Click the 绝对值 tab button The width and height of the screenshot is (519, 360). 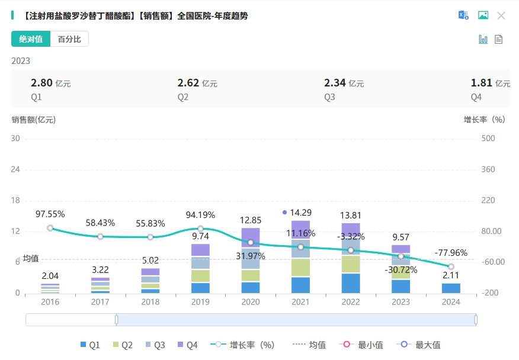point(31,39)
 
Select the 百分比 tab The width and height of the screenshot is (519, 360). point(69,39)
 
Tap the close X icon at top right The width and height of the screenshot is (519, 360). point(501,15)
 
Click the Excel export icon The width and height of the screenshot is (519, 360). point(463,15)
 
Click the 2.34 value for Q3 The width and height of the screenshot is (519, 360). point(334,83)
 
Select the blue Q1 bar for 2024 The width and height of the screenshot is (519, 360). point(451,288)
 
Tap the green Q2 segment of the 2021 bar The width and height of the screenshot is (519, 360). point(300,268)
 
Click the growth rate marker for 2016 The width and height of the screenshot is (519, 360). point(50,228)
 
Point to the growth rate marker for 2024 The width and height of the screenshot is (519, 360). point(451,266)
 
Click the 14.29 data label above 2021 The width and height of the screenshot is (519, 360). point(300,212)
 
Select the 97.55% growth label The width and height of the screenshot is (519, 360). point(50,214)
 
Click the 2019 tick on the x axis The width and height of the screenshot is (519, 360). point(200,302)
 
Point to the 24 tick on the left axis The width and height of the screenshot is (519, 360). point(16,169)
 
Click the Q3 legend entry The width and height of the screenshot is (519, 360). point(156,345)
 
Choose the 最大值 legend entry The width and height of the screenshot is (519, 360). point(421,345)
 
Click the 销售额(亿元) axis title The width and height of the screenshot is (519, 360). point(34,119)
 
